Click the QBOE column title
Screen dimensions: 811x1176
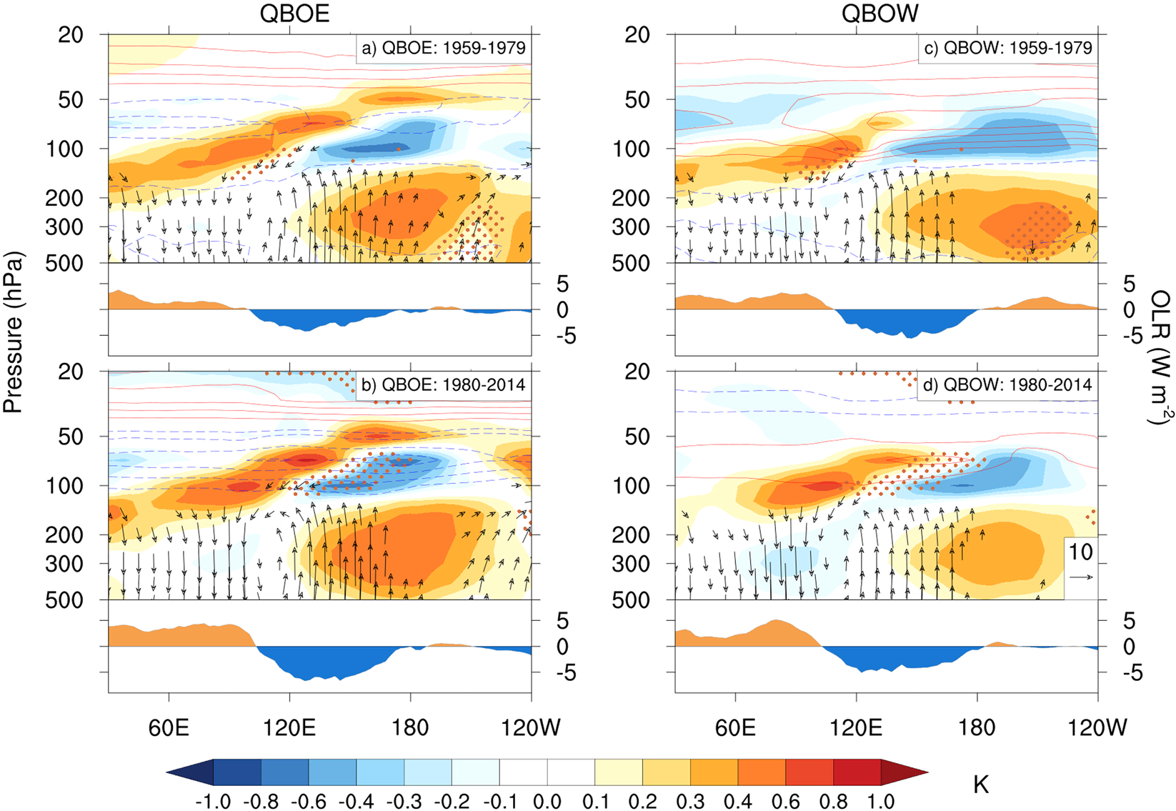pos(294,14)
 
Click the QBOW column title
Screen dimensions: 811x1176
pos(879,14)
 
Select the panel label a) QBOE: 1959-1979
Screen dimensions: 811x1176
pos(444,48)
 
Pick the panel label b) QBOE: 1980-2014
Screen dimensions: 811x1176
pos(444,384)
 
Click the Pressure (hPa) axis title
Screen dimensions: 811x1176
pos(13,332)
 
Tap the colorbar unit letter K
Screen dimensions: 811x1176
pos(981,785)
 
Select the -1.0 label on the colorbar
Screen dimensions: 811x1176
pos(213,801)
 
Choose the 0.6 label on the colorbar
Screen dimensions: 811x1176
pos(785,801)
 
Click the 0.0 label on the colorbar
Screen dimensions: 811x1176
pos(547,801)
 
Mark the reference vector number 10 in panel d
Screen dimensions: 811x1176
pos(1081,552)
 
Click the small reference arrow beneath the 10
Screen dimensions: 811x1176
pos(1082,577)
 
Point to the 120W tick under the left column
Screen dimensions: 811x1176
pos(530,727)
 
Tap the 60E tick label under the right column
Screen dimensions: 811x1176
pos(735,727)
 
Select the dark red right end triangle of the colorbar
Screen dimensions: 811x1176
pos(905,772)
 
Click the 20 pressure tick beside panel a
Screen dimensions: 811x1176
pos(70,34)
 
